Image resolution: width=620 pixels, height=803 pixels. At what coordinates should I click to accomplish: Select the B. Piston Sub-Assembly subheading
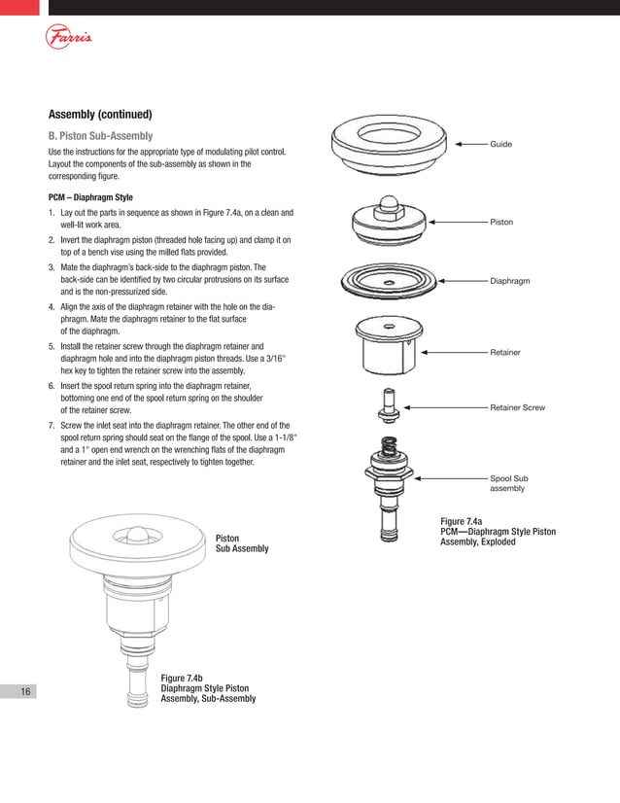[100, 135]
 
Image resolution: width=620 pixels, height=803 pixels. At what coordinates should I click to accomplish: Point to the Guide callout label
[500, 144]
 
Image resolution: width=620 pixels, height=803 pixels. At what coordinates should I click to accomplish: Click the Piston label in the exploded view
[501, 223]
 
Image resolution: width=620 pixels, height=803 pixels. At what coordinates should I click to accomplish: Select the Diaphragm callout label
[510, 281]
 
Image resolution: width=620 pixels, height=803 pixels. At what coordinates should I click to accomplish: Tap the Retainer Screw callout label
[517, 407]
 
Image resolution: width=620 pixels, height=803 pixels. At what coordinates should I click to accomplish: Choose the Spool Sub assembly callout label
[508, 483]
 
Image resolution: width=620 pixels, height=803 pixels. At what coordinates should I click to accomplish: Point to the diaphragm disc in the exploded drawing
[390, 283]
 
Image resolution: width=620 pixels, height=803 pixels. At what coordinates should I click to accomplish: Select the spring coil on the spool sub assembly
[389, 448]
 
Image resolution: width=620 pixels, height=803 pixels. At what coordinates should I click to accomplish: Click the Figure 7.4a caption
[498, 531]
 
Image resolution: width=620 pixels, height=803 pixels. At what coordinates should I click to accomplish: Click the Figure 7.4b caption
[208, 687]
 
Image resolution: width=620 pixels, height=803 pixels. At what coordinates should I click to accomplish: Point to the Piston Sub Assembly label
[241, 542]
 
